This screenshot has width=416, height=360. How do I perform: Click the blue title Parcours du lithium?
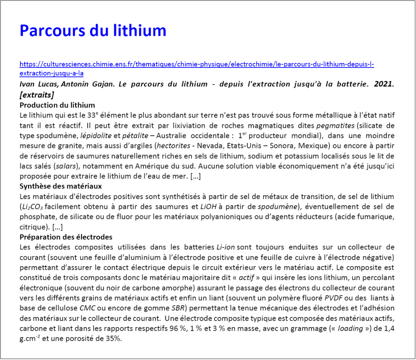(x=93, y=31)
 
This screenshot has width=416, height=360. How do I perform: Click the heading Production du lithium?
(x=57, y=105)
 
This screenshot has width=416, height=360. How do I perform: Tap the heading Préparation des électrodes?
(x=66, y=237)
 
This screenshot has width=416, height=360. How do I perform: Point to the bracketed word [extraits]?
(x=37, y=95)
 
